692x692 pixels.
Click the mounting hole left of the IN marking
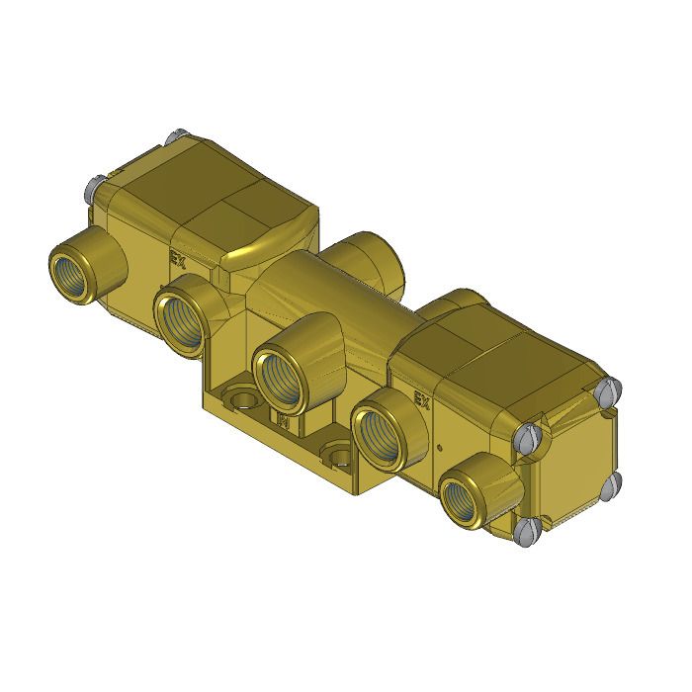coord(236,399)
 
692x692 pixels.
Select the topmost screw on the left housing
coord(178,133)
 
